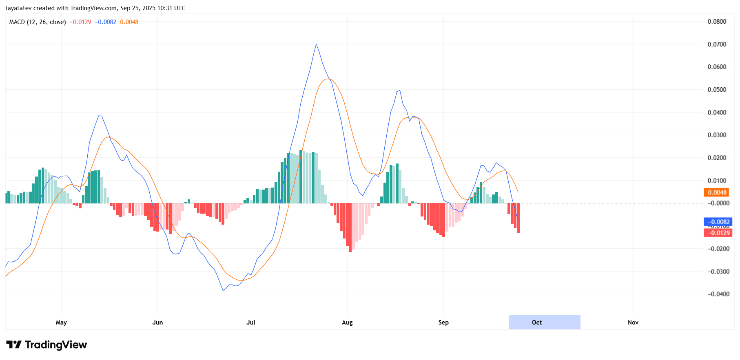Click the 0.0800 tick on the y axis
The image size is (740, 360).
pos(717,22)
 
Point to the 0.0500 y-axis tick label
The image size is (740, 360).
pos(717,90)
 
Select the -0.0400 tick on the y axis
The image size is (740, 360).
pos(718,294)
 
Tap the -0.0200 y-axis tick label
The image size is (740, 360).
pos(718,249)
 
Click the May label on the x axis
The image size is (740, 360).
pos(61,322)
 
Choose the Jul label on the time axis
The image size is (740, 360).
pos(251,322)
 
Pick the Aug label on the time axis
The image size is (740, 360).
pos(347,322)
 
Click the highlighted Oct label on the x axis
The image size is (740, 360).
pos(537,322)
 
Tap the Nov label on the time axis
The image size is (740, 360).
pos(633,322)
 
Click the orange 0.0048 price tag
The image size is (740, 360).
pos(717,192)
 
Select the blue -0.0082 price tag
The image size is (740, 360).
pos(718,222)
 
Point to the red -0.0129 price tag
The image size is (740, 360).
pos(718,233)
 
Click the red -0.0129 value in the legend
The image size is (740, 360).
pos(80,22)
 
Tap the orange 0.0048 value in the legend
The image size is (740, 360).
pos(129,22)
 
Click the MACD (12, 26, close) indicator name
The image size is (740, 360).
pos(38,22)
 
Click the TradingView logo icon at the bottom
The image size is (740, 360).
pos(14,345)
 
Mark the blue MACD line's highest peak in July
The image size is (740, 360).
pos(316,44)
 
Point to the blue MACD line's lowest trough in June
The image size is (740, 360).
pos(223,290)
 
